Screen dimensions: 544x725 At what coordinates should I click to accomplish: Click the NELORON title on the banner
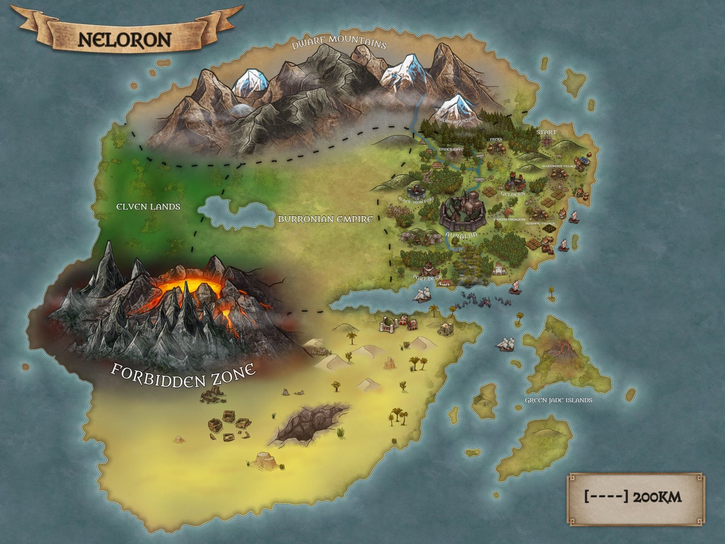124,40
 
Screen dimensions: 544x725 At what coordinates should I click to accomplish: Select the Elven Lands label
148,207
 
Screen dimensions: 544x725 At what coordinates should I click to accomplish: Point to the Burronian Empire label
325,219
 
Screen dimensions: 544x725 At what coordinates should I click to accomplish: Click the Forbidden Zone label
183,375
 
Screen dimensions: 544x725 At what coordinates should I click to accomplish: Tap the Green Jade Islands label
558,400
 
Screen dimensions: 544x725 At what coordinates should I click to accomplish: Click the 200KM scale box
636,498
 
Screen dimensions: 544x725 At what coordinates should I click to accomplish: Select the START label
546,132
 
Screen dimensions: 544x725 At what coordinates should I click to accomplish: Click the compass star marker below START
547,141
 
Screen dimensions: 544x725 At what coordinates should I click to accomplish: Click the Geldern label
513,194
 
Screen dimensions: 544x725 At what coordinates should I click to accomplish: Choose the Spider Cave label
451,149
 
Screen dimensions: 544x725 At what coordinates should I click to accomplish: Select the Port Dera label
427,277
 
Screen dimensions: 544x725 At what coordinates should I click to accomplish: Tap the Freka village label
496,139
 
